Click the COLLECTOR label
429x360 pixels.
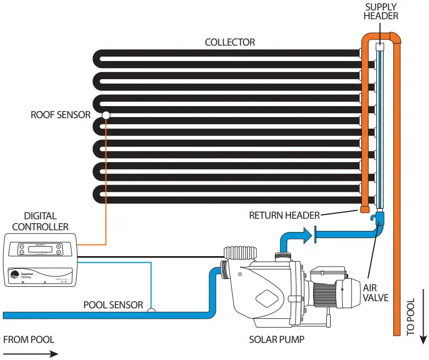click(230, 42)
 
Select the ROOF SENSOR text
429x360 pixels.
click(60, 115)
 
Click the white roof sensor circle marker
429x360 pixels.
click(106, 115)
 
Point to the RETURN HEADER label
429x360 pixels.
click(284, 215)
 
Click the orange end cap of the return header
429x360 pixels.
click(364, 209)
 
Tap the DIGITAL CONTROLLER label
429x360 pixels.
click(40, 221)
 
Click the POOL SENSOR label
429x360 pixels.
click(113, 304)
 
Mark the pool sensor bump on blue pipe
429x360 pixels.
click(152, 311)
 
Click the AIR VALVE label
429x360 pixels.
click(376, 292)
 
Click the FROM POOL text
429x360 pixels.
click(29, 339)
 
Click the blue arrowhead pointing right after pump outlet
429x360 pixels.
click(305, 236)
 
